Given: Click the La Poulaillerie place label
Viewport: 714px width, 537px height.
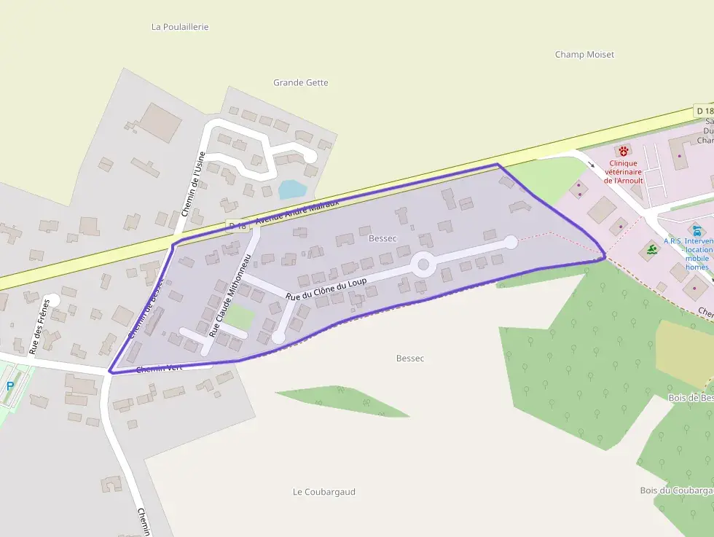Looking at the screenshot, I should point(180,27).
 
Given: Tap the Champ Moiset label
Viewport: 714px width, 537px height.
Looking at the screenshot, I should point(584,55).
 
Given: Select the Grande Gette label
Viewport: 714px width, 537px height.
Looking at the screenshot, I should point(300,83).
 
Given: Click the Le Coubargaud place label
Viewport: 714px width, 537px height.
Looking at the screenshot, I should point(323,492).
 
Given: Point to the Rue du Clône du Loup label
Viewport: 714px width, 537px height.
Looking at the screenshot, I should point(326,288).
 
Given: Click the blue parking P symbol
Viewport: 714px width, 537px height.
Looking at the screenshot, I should point(10,386).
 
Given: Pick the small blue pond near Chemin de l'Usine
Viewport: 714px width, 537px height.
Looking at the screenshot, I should point(292,189).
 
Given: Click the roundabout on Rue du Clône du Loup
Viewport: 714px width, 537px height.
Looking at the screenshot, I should point(423,264).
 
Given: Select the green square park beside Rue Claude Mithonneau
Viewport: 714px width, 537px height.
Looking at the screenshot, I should point(240,316).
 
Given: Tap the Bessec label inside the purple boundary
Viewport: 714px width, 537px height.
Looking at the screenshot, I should point(382,238).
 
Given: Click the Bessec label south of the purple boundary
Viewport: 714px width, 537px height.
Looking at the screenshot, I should point(410,358).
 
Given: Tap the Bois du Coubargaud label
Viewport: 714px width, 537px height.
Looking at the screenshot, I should point(676,490).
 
